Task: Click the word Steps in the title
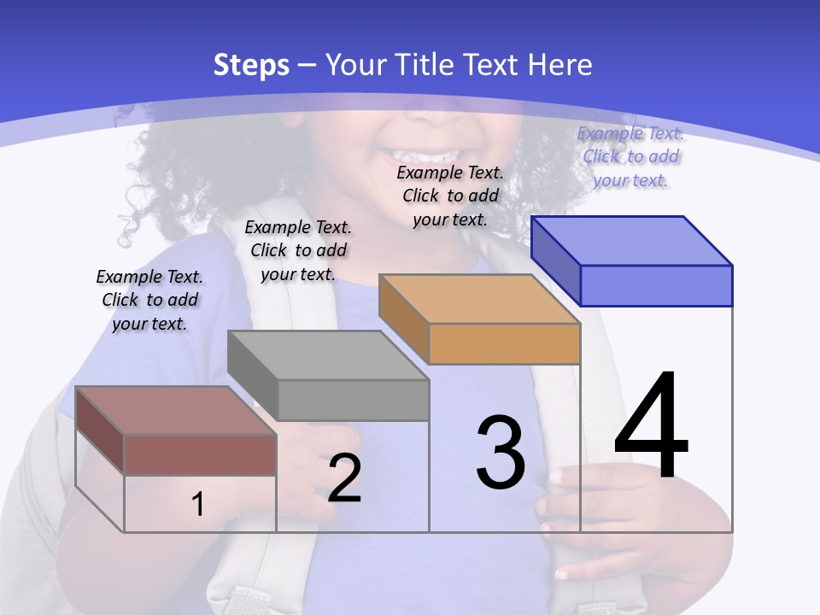click(x=251, y=65)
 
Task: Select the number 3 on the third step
click(x=501, y=452)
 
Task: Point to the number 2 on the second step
click(x=344, y=478)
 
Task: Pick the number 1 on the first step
click(x=198, y=505)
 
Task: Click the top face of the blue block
click(x=632, y=240)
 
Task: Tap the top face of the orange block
click(x=479, y=298)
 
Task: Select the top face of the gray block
click(x=328, y=354)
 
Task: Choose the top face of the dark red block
click(x=176, y=410)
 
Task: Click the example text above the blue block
click(x=630, y=156)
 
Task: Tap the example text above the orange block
click(x=450, y=196)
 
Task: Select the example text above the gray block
click(x=298, y=250)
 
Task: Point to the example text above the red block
click(x=149, y=300)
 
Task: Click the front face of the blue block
click(x=656, y=285)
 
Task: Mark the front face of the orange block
click(x=504, y=344)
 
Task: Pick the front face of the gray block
click(x=353, y=400)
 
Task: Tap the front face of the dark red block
click(x=200, y=454)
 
